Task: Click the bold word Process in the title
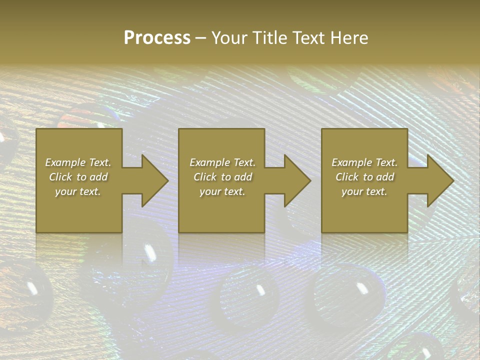click(x=157, y=38)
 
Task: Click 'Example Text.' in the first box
click(x=78, y=162)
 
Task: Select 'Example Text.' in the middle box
click(x=222, y=162)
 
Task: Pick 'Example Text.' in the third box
click(x=364, y=162)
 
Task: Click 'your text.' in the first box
click(x=78, y=191)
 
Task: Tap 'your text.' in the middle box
click(x=222, y=191)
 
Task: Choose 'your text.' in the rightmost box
click(x=364, y=191)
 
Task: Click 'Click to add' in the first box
click(x=78, y=177)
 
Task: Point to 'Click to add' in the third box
click(x=364, y=177)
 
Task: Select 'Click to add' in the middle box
click(x=222, y=177)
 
